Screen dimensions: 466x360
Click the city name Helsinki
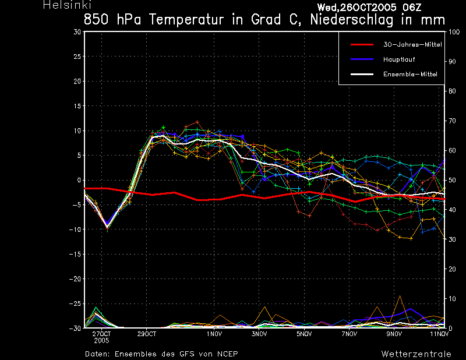(x=67, y=5)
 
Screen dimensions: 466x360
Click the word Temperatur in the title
(x=186, y=20)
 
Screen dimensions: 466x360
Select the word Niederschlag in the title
(x=352, y=20)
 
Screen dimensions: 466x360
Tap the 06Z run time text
(x=412, y=8)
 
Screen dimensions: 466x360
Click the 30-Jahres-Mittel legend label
(x=412, y=45)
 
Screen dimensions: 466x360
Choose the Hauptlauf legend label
(x=399, y=59)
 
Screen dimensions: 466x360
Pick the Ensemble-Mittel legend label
(x=410, y=75)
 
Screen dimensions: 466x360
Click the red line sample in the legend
(x=362, y=45)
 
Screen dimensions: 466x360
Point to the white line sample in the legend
(x=362, y=75)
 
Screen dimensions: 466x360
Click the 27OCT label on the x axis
(x=101, y=334)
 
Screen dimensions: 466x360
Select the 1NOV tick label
(x=214, y=334)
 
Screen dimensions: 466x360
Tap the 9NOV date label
(x=394, y=334)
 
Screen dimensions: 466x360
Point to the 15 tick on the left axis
(x=77, y=106)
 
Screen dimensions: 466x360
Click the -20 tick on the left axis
(x=75, y=279)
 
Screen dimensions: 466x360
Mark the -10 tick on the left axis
(x=75, y=230)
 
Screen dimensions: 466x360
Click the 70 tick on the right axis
(x=452, y=121)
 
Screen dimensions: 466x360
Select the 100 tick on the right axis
(x=454, y=32)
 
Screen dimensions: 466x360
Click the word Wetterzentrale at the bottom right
(x=416, y=354)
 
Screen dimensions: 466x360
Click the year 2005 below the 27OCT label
(x=101, y=341)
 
